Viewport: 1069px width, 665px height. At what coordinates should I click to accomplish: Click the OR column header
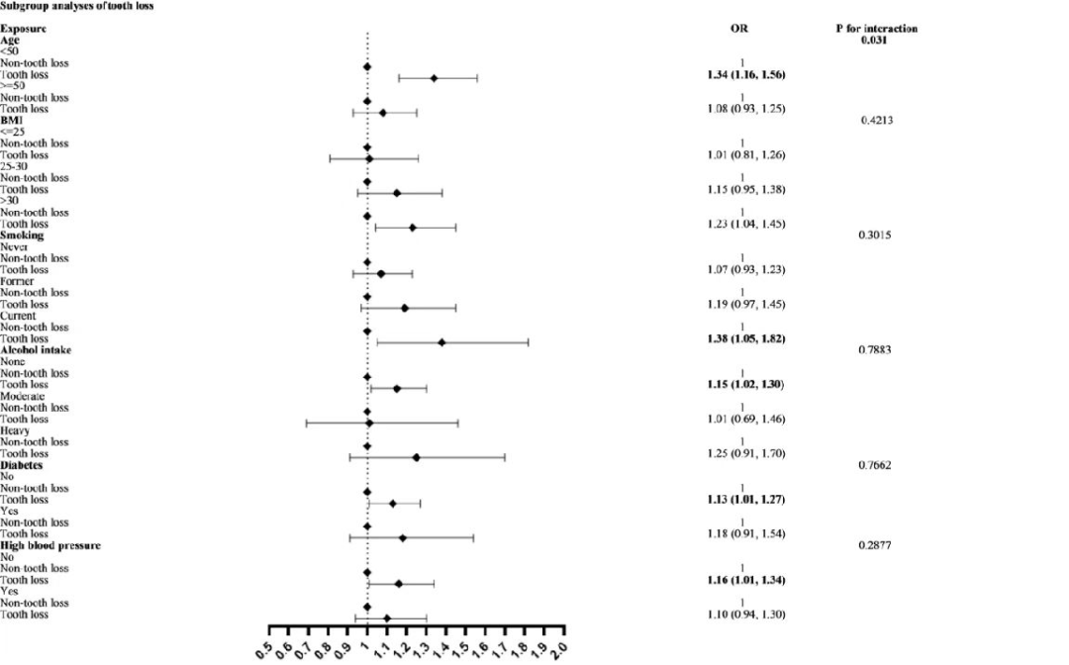tap(738, 29)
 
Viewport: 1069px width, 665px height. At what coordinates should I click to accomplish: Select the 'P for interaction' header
tap(876, 29)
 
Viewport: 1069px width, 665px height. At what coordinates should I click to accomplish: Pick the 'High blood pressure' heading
tap(49, 545)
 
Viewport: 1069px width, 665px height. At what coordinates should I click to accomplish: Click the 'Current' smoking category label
tap(19, 316)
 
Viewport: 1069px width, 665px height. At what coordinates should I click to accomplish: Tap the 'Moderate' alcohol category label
tap(23, 396)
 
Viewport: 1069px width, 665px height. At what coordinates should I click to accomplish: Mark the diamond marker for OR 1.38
tap(441, 342)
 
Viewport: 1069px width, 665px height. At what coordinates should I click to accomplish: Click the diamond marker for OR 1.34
tap(434, 78)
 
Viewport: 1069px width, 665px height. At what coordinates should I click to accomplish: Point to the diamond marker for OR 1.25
tap(416, 457)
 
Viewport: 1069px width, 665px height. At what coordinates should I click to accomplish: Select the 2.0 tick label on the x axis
tap(561, 649)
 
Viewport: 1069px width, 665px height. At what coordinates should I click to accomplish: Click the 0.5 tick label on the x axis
tap(266, 649)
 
